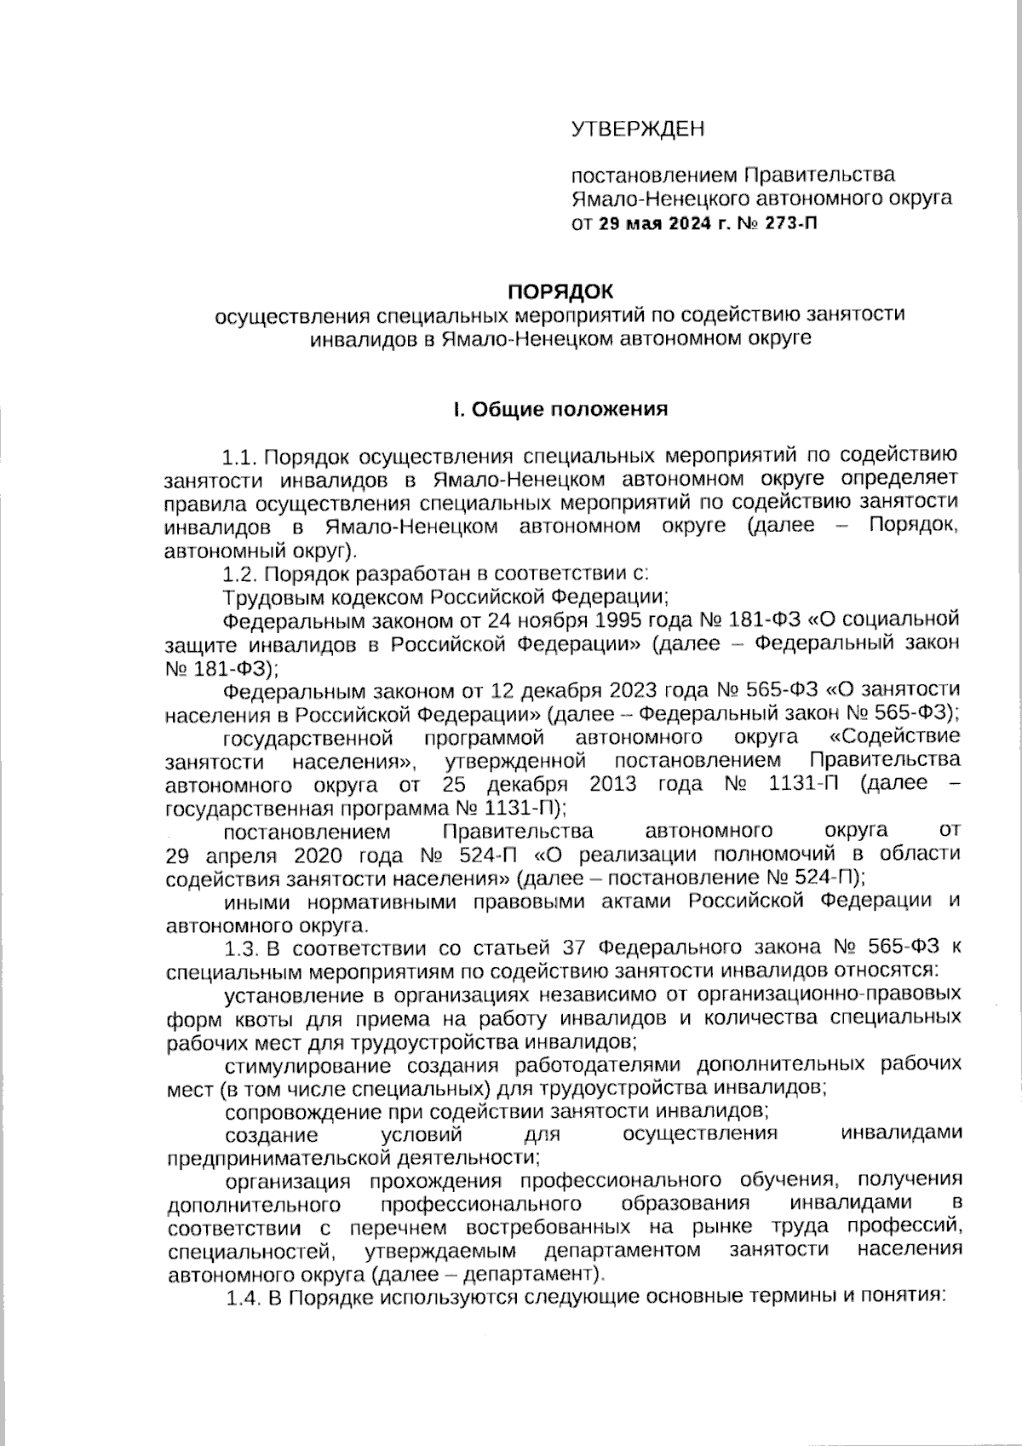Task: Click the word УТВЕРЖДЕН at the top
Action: point(638,130)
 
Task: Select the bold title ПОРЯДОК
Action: point(560,291)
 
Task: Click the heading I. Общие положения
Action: point(560,409)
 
